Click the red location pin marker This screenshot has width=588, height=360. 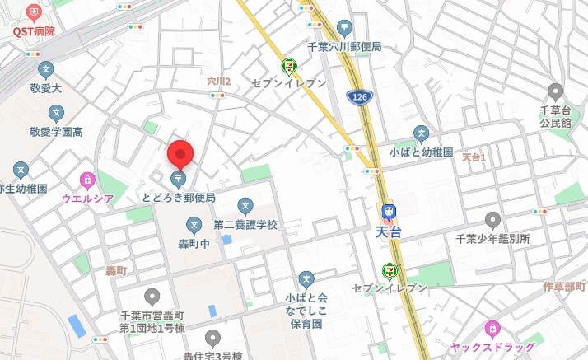point(180,155)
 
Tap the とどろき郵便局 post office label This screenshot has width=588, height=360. point(178,198)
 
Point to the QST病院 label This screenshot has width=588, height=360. point(33,30)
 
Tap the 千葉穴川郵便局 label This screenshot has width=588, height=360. point(344,47)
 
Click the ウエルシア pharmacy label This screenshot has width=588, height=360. point(87,199)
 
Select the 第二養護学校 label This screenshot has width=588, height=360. point(245,224)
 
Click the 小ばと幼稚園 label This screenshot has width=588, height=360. point(422,152)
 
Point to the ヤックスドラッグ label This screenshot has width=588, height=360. point(492,347)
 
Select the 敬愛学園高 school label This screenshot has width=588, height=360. point(56,131)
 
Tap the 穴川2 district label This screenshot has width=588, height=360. point(218,82)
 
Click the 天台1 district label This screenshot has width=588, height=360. point(474,157)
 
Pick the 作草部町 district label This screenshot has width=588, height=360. point(565,286)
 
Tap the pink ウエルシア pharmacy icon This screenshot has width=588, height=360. point(87,179)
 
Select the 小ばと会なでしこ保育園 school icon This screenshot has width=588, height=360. point(306,278)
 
